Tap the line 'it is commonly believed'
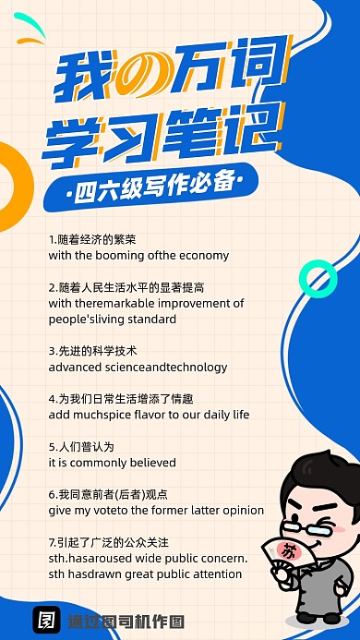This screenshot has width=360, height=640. click(99, 463)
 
